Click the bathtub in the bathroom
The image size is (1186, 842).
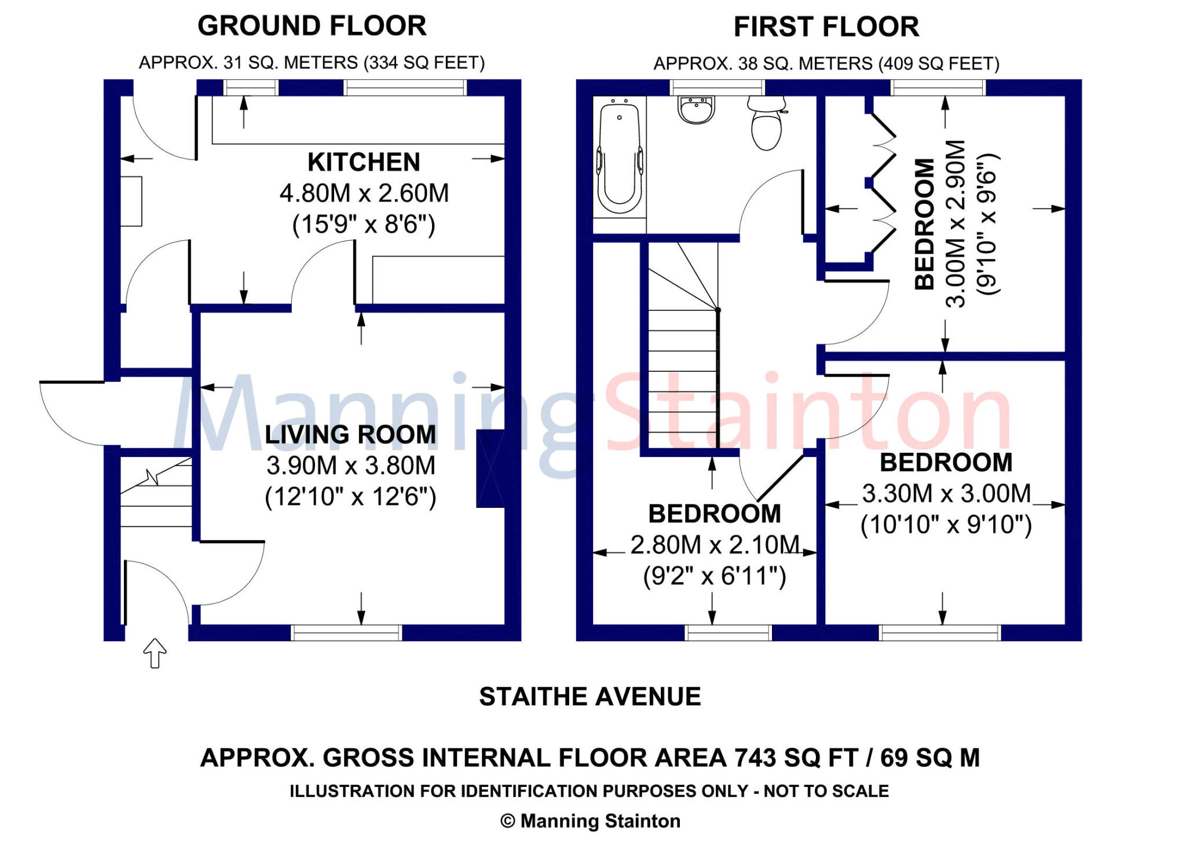point(619,156)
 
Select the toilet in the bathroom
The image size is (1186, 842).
point(767,123)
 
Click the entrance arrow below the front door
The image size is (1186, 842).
point(155,653)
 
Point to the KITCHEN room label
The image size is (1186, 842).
point(364,162)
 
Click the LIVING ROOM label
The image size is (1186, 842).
point(350,434)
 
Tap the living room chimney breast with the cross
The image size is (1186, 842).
point(490,468)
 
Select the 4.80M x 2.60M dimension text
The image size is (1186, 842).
point(364,193)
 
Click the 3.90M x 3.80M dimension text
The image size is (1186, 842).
point(351,466)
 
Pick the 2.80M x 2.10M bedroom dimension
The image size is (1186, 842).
point(715,545)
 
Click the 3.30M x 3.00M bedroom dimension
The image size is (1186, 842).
point(947,493)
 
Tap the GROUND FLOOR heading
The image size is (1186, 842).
point(312,26)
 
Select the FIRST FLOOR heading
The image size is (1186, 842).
point(826,27)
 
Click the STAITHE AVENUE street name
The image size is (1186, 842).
point(590,697)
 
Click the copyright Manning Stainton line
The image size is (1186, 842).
point(590,821)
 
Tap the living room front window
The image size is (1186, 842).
point(346,632)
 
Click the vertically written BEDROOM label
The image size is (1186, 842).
point(925,224)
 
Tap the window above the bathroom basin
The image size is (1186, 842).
point(718,87)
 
